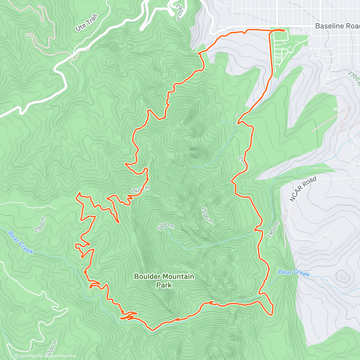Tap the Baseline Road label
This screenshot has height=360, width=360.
coord(337,26)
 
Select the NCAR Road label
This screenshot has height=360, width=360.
coord(303,189)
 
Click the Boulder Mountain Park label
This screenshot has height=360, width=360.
coord(164,280)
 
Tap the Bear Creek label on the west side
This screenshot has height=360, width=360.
coord(21,242)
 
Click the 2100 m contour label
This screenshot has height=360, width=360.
coord(207,215)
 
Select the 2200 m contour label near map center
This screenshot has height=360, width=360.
coord(166,227)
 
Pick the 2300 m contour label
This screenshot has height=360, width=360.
coord(40,225)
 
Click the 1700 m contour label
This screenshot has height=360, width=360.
coord(354,77)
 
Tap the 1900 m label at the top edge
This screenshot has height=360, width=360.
coord(179,12)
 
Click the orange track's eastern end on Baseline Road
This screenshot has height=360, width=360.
coord(284,30)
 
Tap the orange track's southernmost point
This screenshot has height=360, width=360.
coord(152,330)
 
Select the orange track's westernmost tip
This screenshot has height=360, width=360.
coord(75,245)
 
